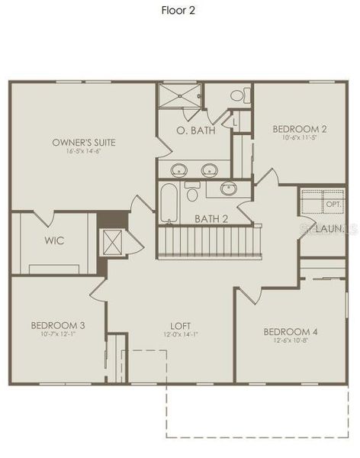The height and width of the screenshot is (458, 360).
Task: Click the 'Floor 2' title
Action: click(x=179, y=10)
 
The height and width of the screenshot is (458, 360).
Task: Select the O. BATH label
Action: click(x=195, y=131)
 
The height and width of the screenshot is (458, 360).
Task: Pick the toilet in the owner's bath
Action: click(x=238, y=96)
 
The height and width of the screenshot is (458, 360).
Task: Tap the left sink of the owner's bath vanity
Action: click(x=180, y=169)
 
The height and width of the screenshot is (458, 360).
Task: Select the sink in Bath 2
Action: click(x=228, y=188)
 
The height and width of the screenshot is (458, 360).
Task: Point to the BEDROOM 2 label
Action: click(x=300, y=129)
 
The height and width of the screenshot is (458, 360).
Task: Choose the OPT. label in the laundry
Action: click(x=333, y=205)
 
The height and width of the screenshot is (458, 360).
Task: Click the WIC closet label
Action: click(x=54, y=240)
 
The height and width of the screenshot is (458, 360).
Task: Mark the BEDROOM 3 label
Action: click(x=58, y=325)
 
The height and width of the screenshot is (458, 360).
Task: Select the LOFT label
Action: click(x=181, y=325)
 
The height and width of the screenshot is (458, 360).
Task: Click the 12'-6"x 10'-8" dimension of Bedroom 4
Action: click(x=290, y=341)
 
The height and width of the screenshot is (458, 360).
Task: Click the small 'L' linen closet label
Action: click(x=235, y=122)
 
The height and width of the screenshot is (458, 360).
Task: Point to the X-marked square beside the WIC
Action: click(x=114, y=243)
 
